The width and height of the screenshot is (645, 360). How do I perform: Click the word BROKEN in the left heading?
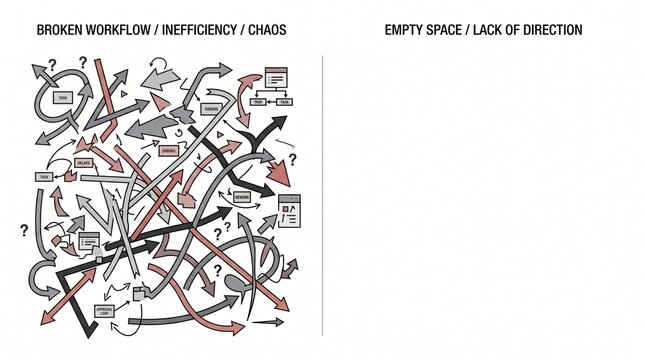point(59,31)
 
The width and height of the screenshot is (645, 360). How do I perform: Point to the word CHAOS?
point(267,31)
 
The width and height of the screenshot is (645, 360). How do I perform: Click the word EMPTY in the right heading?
point(404,31)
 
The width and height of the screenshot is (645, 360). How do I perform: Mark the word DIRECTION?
point(554,31)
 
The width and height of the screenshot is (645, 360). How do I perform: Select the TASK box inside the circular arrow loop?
point(63,98)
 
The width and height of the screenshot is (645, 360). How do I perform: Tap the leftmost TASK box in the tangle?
point(44,177)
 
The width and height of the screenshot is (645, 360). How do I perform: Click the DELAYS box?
point(84,162)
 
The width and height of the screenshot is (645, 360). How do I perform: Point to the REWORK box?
point(242,198)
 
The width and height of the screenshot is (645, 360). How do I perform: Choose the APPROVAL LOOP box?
point(106,311)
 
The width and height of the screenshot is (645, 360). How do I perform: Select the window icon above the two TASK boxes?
point(275,76)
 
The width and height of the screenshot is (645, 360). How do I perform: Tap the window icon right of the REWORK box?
point(289,211)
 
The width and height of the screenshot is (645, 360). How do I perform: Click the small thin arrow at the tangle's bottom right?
point(267,323)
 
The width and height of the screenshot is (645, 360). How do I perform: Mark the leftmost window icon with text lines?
point(88,241)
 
